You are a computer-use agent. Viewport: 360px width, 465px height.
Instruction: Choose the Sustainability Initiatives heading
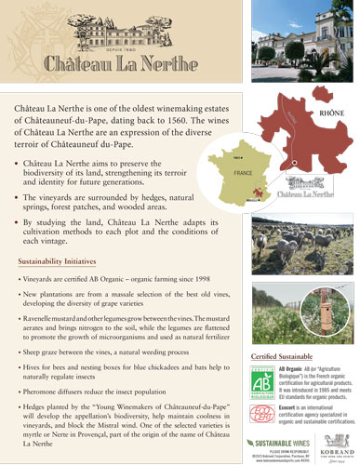coord(58,261)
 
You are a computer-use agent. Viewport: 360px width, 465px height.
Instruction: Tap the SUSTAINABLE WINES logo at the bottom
coord(280,443)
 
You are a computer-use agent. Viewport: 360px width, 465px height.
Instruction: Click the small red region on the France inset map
coord(253,192)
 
